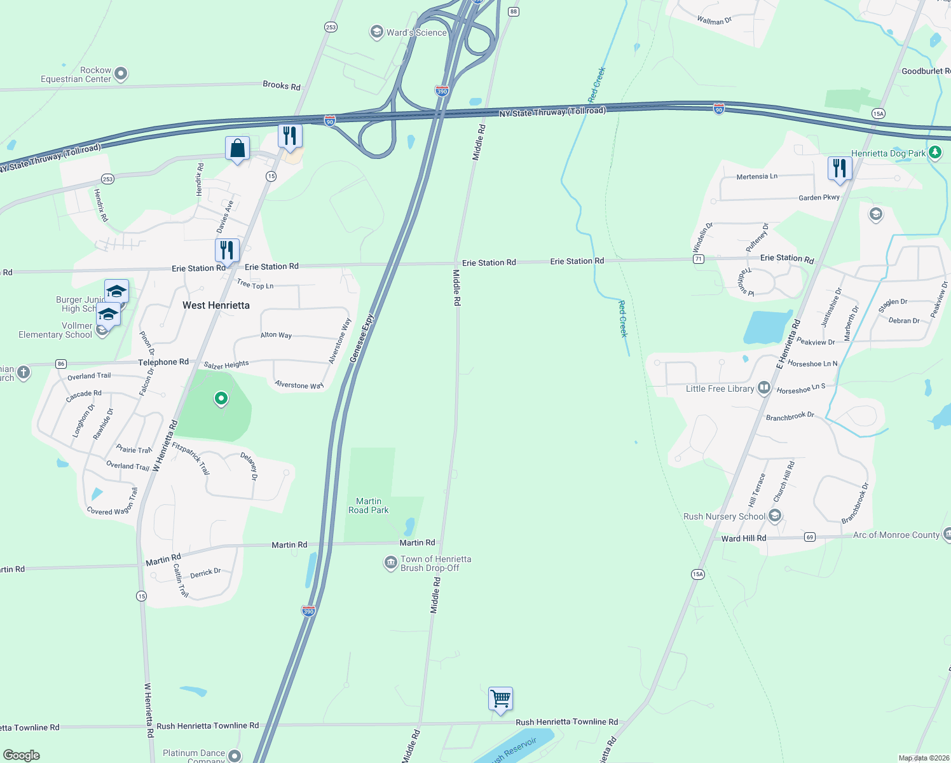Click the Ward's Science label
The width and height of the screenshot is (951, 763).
click(x=416, y=32)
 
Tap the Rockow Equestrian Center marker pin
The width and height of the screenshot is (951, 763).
click(x=121, y=74)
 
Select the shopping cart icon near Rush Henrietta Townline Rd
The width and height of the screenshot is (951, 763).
click(x=500, y=699)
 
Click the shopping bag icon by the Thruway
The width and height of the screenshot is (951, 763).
click(x=237, y=149)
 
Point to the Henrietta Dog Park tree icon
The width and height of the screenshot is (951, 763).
click(x=934, y=153)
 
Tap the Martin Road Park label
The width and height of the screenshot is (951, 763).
click(x=369, y=505)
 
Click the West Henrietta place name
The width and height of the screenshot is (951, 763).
click(x=216, y=305)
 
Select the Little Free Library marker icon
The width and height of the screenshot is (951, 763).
click(x=764, y=388)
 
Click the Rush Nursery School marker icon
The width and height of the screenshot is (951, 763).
click(x=775, y=516)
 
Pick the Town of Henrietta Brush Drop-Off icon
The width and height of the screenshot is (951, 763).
click(x=390, y=563)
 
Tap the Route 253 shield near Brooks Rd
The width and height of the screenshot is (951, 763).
click(x=331, y=27)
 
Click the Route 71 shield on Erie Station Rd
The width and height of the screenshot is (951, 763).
click(x=699, y=259)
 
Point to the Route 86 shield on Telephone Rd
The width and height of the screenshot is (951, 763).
click(x=61, y=364)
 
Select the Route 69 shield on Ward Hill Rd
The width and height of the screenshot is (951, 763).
click(x=809, y=537)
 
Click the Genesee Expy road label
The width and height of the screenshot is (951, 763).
click(x=362, y=339)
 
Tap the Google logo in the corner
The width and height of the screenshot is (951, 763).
click(x=21, y=755)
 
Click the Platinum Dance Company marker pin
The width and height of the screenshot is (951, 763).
click(x=235, y=755)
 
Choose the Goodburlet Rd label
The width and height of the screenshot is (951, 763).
click(x=926, y=71)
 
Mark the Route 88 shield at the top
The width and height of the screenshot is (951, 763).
click(x=514, y=11)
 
